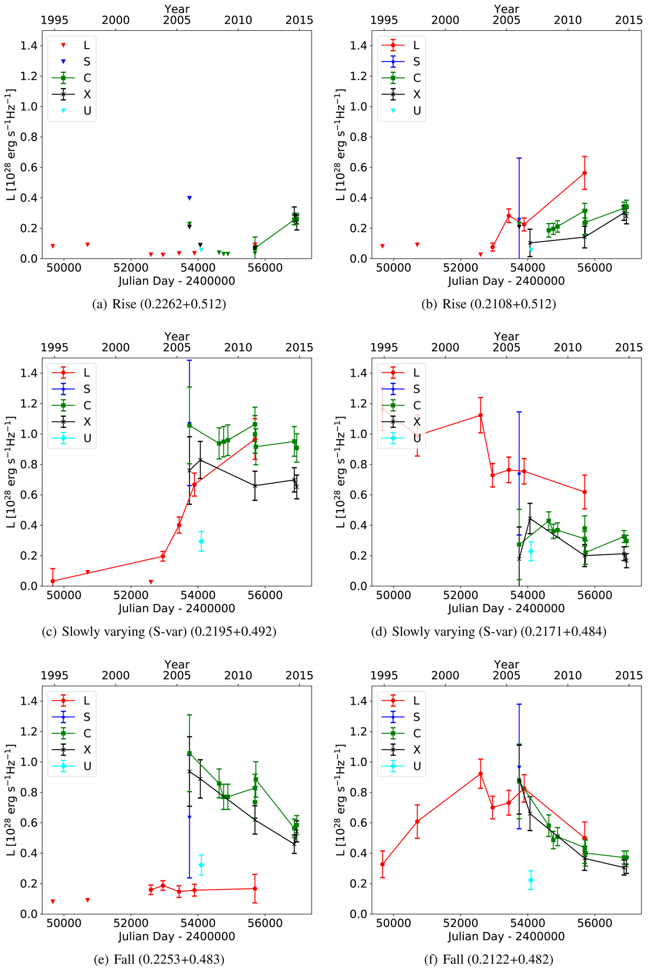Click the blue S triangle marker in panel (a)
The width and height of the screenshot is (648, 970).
coord(190,198)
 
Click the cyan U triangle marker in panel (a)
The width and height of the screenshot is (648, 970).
coord(201,250)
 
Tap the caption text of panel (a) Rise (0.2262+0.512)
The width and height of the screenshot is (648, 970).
coord(159,304)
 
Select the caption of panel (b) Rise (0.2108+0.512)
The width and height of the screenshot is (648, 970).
coord(489,304)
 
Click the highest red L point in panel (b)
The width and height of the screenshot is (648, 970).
coord(584,173)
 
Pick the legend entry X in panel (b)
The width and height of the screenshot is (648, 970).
coord(416,95)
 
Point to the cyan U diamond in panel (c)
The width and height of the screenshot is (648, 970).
coord(201,541)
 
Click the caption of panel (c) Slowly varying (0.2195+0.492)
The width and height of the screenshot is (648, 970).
coord(159,631)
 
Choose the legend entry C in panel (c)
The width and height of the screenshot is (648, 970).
coord(87,405)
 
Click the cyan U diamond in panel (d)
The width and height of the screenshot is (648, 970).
coord(531,551)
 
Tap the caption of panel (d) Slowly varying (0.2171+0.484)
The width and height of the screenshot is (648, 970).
coord(489,631)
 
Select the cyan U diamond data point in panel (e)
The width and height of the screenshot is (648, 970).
coord(201,865)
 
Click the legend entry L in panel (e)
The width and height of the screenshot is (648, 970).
coord(87,700)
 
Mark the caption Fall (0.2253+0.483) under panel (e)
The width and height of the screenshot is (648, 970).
coord(159,959)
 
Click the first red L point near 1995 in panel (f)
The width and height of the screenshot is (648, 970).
coord(382,864)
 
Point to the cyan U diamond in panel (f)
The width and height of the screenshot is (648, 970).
coord(531,880)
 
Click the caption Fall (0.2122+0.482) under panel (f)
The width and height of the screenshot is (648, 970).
coord(489,959)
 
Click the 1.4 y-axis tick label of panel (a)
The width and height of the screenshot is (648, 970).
coord(29,46)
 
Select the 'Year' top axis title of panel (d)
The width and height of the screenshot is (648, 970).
coord(507,337)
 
